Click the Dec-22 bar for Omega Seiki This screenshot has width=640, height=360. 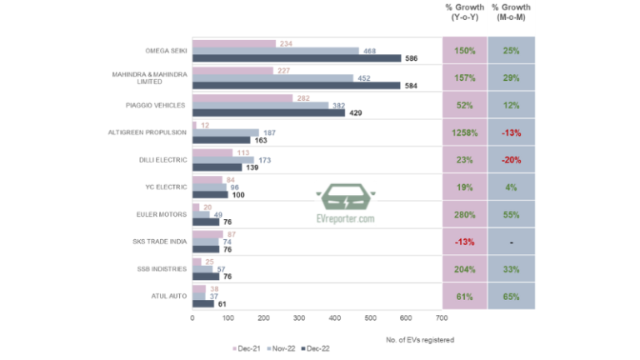[296, 58]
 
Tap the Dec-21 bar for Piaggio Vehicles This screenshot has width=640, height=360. [242, 98]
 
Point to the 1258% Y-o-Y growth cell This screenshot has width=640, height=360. [464, 132]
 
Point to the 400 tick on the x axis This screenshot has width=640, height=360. [335, 317]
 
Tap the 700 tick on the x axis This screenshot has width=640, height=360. [442, 317]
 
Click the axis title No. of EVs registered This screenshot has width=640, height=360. [421, 339]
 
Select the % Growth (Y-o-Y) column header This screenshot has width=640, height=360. [464, 12]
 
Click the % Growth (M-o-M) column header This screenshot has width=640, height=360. [512, 12]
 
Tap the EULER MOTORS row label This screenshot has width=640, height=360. [160, 213]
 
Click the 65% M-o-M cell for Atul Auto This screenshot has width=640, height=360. [512, 295]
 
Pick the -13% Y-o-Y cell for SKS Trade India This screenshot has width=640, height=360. [464, 241]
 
